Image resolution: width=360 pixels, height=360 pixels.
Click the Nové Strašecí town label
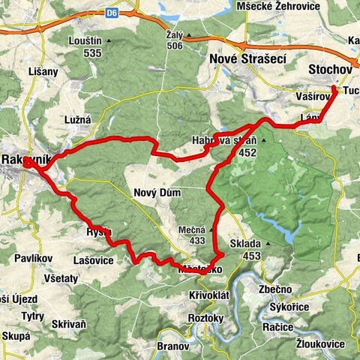[248, 59]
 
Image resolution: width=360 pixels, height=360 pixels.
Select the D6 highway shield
[112, 12]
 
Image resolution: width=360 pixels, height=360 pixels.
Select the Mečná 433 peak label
[192, 235]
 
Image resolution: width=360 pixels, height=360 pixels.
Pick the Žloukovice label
[320, 343]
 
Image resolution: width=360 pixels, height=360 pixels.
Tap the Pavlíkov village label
[33, 259]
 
